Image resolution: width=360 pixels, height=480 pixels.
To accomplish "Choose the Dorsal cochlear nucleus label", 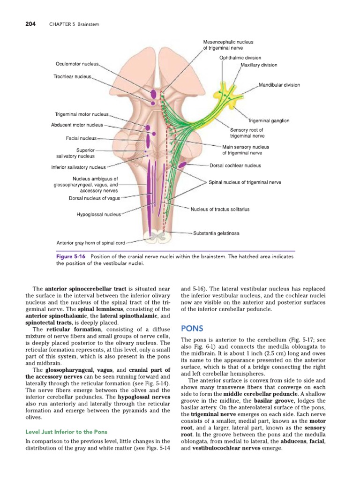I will click(235, 165).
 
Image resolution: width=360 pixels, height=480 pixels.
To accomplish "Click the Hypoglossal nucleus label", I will click(98, 215).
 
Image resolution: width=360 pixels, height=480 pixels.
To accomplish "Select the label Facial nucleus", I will click(81, 138).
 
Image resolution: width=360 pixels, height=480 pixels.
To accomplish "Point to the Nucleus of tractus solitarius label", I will click(220, 209).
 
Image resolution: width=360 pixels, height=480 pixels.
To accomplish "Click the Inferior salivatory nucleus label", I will click(79, 167).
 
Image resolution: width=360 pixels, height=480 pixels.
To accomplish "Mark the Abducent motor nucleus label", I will click(76, 125).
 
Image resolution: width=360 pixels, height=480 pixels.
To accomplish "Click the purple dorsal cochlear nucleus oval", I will click(182, 164).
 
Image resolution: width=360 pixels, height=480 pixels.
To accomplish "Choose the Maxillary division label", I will click(259, 65).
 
